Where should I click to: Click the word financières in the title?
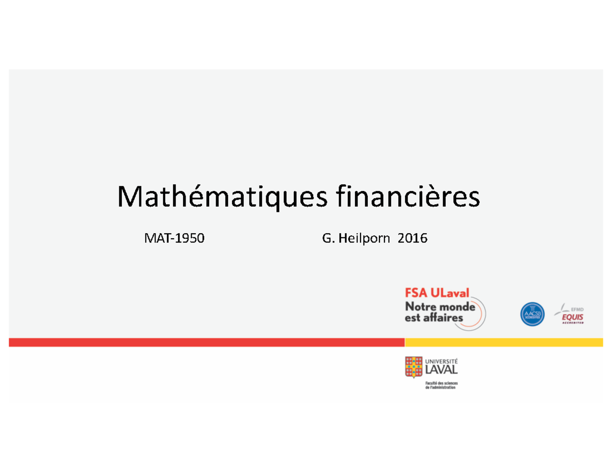(407, 197)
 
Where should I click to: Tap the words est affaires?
(434, 318)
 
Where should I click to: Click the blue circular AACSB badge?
(532, 314)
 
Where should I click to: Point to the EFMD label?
(578, 308)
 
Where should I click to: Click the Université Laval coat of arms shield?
(414, 367)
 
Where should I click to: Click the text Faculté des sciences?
(441, 382)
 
